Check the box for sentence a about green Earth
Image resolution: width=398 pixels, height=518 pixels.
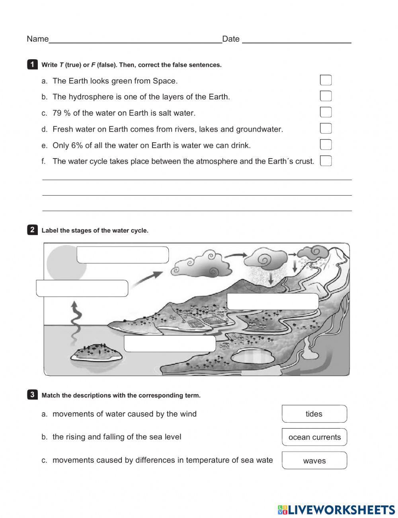tap(326, 80)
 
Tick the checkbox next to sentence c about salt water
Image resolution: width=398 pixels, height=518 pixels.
tap(326, 113)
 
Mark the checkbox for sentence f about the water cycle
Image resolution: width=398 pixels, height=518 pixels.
tap(326, 161)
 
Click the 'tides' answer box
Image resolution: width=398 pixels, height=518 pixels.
tap(314, 414)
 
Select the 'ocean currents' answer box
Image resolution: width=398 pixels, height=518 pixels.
tap(314, 437)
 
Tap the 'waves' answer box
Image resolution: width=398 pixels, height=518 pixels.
tap(314, 460)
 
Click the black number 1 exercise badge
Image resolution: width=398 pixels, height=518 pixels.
tap(32, 64)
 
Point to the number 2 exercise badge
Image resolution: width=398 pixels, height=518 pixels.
tap(32, 230)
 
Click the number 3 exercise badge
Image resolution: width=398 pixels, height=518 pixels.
tap(32, 395)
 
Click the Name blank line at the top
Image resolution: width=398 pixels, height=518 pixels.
tap(135, 39)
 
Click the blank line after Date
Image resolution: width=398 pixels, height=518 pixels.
tap(297, 39)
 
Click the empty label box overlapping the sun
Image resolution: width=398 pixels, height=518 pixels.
tap(123, 255)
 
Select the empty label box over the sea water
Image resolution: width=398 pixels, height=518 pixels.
tap(170, 344)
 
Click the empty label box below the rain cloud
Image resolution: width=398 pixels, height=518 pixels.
tap(273, 301)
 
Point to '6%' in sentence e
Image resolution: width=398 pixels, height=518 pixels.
tap(77, 145)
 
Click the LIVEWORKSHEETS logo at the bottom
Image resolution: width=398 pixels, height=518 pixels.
tap(336, 510)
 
